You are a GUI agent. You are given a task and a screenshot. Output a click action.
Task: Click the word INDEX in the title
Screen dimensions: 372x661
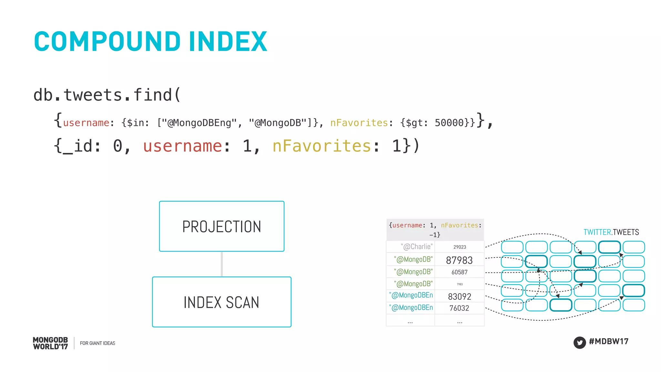click(x=228, y=42)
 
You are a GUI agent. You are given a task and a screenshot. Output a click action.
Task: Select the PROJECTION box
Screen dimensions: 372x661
click(x=222, y=226)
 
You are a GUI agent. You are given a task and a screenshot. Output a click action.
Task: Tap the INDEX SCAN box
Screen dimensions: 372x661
click(x=222, y=302)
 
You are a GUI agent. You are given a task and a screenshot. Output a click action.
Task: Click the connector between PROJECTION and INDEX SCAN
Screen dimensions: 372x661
click(x=222, y=264)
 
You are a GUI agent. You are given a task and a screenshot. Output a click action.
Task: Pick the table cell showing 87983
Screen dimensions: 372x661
click(x=459, y=260)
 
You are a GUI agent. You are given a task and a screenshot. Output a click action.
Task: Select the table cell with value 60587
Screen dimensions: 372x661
click(x=459, y=272)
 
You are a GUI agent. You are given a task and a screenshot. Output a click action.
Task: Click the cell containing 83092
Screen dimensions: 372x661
click(x=459, y=296)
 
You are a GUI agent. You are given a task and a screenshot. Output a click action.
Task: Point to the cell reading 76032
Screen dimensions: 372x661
click(x=459, y=308)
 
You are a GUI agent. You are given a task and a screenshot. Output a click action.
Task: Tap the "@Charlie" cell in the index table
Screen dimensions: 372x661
click(x=416, y=247)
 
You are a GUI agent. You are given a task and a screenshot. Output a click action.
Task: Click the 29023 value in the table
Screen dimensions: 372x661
click(x=460, y=247)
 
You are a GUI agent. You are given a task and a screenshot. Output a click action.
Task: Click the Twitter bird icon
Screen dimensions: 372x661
click(x=580, y=342)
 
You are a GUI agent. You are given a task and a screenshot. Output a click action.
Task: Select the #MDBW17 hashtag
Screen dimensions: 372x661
click(x=609, y=341)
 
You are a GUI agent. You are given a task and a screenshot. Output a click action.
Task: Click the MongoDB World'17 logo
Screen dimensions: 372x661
click(x=50, y=343)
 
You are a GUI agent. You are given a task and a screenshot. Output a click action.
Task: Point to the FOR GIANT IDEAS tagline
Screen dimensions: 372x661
click(x=97, y=343)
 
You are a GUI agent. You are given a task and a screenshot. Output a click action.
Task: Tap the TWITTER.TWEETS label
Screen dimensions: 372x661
click(x=611, y=232)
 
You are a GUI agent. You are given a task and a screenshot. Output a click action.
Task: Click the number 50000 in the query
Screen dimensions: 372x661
click(x=449, y=123)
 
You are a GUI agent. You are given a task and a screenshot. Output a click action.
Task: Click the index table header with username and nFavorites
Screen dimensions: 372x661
click(x=435, y=230)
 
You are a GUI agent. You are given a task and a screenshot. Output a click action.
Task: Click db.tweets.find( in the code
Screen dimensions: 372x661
click(x=107, y=95)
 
